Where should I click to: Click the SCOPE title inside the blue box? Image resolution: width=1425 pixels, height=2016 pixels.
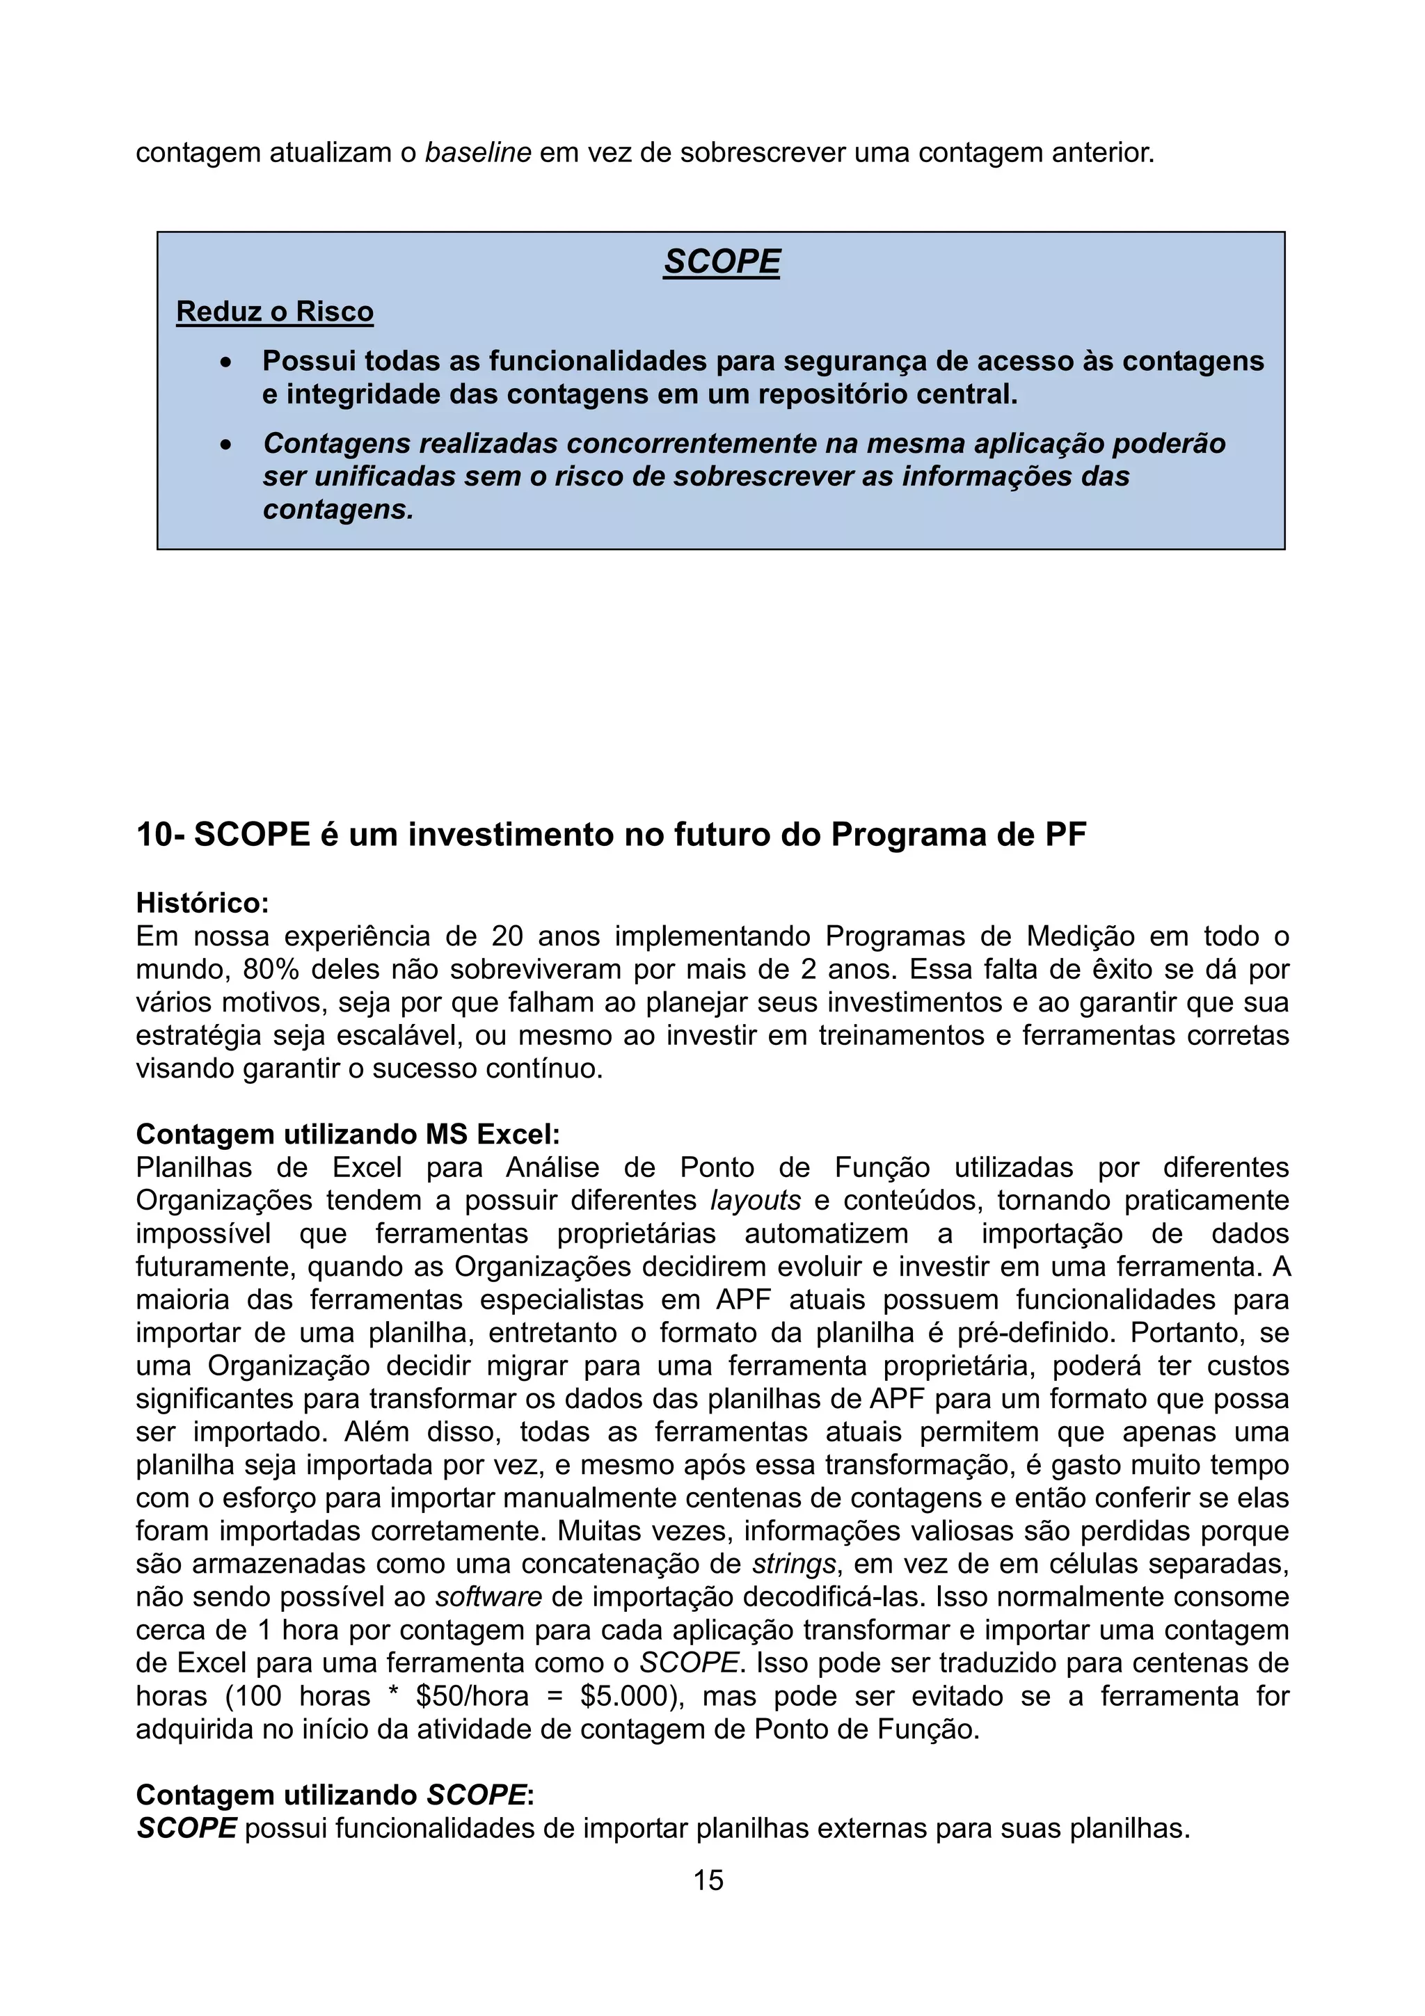[721, 262]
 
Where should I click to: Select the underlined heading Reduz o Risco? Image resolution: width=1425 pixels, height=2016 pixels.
[275, 312]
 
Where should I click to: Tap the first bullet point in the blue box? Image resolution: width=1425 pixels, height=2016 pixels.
[228, 362]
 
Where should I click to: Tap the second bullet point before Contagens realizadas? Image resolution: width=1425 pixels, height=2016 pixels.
[228, 445]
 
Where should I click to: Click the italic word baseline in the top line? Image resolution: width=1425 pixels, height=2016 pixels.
[477, 153]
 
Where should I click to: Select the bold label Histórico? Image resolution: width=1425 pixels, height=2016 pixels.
[202, 903]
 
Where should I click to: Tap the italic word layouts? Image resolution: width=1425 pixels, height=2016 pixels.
[755, 1200]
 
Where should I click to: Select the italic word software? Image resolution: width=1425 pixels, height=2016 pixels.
[488, 1597]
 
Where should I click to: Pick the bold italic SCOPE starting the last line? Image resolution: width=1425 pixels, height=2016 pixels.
[186, 1829]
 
